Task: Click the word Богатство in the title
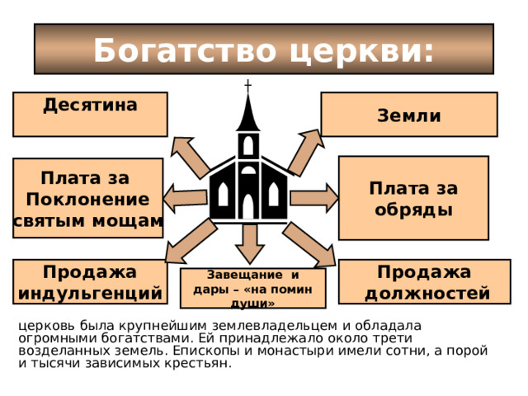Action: click(x=185, y=50)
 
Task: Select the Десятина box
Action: click(x=90, y=115)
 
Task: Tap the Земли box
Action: click(x=409, y=115)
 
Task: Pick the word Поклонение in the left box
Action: click(x=87, y=200)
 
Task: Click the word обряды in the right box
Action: click(x=413, y=210)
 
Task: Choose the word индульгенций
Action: click(x=90, y=294)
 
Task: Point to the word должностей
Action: click(x=427, y=294)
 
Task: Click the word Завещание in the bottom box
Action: click(x=240, y=275)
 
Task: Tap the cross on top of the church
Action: click(x=247, y=86)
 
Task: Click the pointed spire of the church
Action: click(x=247, y=113)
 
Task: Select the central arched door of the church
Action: click(x=248, y=206)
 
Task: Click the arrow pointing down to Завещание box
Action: click(x=249, y=244)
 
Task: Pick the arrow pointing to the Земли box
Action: click(x=306, y=152)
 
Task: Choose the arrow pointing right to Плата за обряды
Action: click(x=314, y=198)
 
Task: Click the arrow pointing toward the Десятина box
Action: click(x=191, y=157)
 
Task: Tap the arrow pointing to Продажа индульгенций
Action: click(x=191, y=241)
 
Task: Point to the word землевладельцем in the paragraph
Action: click(x=275, y=326)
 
